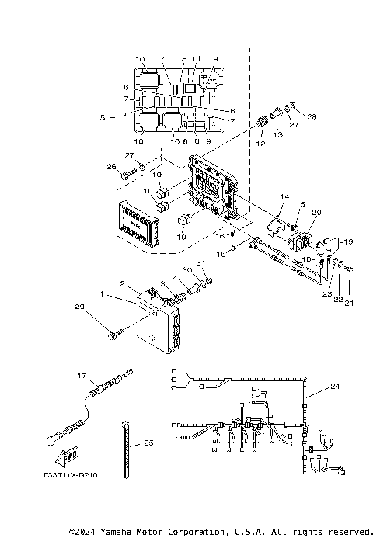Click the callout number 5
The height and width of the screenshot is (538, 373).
pos(103,117)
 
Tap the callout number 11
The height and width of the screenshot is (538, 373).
pos(197,59)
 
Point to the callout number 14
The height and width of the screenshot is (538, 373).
pos(284,198)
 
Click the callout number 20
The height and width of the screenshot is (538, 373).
pos(315,212)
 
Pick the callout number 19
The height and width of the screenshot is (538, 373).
pos(348,241)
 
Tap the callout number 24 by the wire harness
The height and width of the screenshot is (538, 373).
pos(334,386)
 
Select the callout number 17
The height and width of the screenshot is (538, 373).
pos(80,376)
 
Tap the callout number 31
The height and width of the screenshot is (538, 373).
pos(200,263)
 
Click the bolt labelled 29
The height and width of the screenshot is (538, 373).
pos(114,334)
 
